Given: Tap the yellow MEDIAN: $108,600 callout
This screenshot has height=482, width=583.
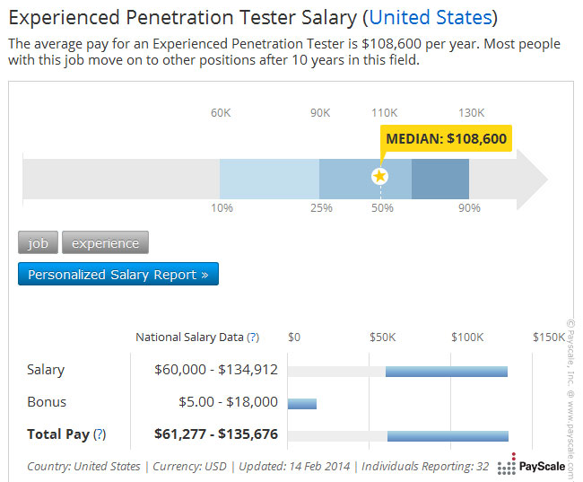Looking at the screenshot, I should point(446,138).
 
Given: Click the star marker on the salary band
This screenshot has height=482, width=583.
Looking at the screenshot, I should point(379,176).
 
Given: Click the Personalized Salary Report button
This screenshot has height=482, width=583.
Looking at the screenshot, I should point(117,275).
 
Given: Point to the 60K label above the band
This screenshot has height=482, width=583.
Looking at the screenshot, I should point(221,113).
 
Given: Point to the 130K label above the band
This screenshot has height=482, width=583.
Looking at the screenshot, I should point(471,113).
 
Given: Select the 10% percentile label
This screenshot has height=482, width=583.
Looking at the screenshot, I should point(222,208).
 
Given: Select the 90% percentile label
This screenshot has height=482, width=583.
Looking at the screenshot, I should point(469,208).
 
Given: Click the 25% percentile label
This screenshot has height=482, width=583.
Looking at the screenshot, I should point(321,208).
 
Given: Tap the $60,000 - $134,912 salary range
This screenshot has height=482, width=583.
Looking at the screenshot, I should point(216,370).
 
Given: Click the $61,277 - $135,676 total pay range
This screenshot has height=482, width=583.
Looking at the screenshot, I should point(216,434).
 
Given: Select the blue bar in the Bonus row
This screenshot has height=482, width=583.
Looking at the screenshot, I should point(302,403).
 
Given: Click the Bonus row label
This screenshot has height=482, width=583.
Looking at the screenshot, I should point(47,402).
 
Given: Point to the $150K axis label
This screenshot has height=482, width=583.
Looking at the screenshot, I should point(548,337).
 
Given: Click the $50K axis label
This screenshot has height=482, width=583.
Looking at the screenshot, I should point(383,337).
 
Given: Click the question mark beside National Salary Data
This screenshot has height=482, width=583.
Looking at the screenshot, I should point(253,337).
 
